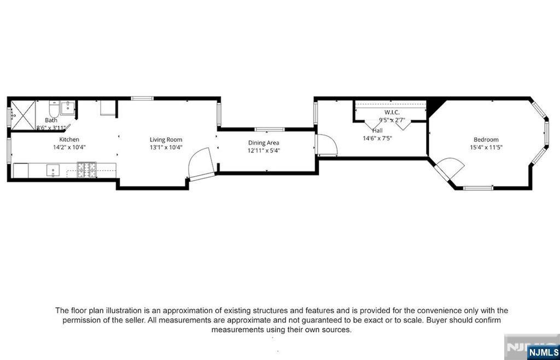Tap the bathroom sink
67,108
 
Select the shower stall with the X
24,115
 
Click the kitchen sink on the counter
53,171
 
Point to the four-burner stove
87,170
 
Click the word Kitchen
69,140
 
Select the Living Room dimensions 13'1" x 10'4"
166,147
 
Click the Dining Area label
264,143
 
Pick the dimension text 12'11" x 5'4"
264,150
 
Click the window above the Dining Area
270,129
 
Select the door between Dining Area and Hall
327,145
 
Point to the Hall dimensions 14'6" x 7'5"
377,138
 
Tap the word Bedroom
486,140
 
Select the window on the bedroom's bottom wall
478,188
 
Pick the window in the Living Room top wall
142,98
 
